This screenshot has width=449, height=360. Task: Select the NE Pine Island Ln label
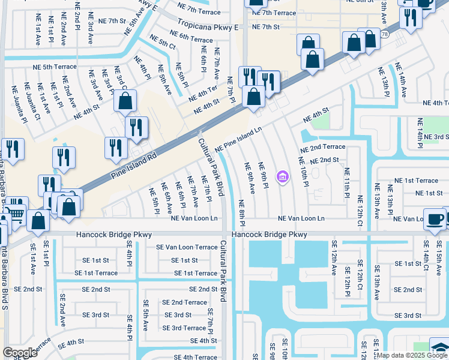click(239, 139)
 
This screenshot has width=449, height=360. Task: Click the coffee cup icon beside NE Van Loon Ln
click(435, 218)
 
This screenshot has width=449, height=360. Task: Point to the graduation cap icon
click(439, 347)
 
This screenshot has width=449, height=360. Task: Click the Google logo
click(20, 353)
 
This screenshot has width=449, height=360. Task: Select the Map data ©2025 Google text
click(412, 355)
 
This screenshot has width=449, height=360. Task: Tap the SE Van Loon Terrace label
click(186, 247)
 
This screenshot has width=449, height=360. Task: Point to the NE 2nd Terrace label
click(322, 146)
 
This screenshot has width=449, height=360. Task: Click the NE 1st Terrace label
click(416, 180)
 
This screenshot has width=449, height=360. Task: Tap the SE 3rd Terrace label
click(184, 328)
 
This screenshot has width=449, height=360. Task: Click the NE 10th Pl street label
click(304, 172)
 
